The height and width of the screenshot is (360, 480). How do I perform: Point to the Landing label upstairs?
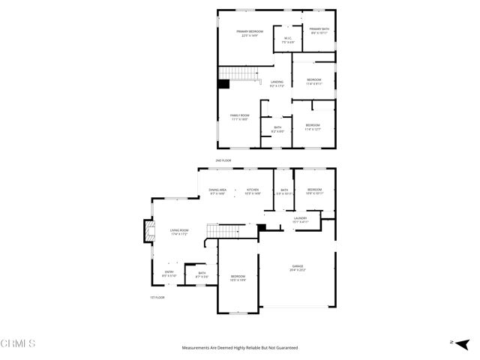click(x=277, y=84)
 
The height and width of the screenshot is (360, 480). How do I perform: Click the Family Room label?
click(x=239, y=116)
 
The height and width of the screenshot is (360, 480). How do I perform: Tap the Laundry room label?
click(x=301, y=220)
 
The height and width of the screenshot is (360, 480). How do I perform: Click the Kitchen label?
click(x=253, y=191)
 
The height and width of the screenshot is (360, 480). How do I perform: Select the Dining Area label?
click(x=217, y=191)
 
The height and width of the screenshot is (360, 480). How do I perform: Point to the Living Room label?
click(x=178, y=232)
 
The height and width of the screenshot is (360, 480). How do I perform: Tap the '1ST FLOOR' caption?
click(x=156, y=298)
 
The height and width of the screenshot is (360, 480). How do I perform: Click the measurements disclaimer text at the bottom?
click(x=240, y=348)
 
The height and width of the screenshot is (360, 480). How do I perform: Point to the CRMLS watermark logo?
click(x=18, y=343)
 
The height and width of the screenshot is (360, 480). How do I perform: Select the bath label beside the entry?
click(x=202, y=274)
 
